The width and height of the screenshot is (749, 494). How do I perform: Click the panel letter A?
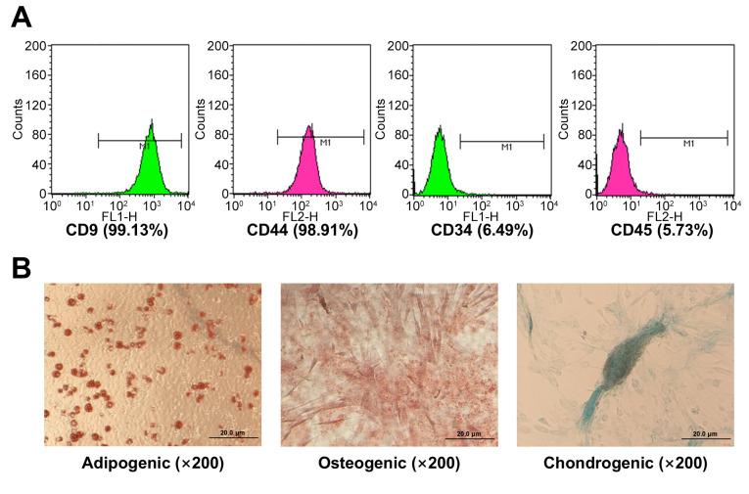tap(21, 17)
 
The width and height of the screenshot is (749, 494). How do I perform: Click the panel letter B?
tap(21, 266)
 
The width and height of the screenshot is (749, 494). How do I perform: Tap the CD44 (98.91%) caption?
tap(303, 230)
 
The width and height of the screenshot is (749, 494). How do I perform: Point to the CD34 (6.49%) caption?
tap(481, 230)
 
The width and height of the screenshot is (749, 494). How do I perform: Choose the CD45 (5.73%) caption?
tap(661, 230)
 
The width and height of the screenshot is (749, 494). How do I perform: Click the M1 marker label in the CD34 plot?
tap(506, 149)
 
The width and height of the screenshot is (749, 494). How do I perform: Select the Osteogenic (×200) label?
tap(390, 462)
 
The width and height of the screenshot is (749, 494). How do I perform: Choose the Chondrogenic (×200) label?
tap(625, 462)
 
